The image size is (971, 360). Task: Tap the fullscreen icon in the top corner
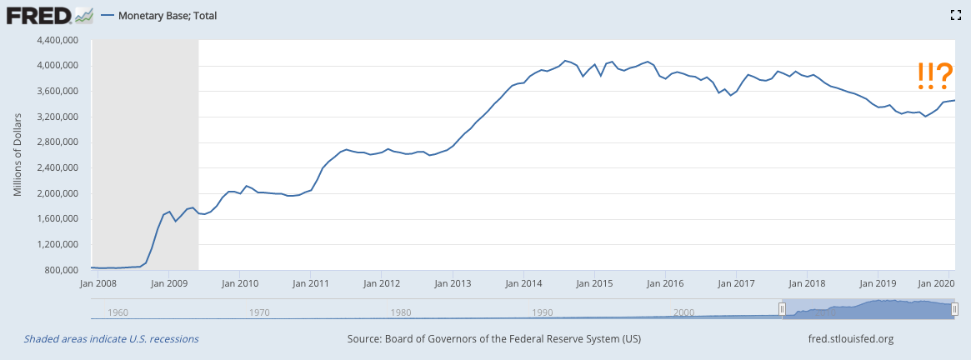(957, 15)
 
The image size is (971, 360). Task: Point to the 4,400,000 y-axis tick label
(54, 40)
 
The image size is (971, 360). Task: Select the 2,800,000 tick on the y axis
(54, 142)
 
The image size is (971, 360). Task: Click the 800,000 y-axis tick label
(60, 271)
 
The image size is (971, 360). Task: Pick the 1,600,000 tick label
(54, 219)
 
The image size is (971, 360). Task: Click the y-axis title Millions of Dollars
(17, 155)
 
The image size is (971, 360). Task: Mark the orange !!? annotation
(934, 77)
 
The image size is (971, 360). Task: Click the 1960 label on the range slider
(118, 312)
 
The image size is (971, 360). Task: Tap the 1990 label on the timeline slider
(542, 312)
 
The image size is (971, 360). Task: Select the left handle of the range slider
(782, 309)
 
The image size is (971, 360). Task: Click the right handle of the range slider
(954, 309)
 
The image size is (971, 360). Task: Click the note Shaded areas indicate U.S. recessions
(111, 339)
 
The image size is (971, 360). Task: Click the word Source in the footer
(365, 339)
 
